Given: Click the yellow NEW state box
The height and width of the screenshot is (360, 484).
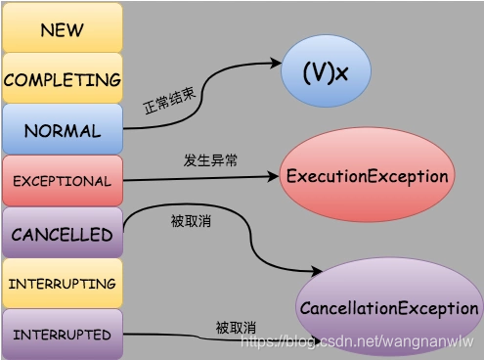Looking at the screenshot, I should [62, 28].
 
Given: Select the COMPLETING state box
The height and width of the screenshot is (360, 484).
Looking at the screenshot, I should [62, 79].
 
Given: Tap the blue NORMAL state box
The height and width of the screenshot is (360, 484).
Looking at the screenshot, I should [62, 130].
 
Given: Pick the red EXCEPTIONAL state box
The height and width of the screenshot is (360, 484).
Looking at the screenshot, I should [62, 181].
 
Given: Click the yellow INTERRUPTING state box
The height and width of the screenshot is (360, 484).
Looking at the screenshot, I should [62, 284].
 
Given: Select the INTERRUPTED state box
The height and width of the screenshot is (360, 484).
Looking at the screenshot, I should [62, 335].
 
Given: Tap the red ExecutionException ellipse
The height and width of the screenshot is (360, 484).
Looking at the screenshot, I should [368, 176].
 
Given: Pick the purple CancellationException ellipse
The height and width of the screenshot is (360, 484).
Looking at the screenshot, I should [388, 308].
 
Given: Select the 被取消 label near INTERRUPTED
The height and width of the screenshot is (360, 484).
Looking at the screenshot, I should [235, 327].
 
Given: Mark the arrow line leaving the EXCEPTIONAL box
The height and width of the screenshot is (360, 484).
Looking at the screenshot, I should [196, 179].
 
